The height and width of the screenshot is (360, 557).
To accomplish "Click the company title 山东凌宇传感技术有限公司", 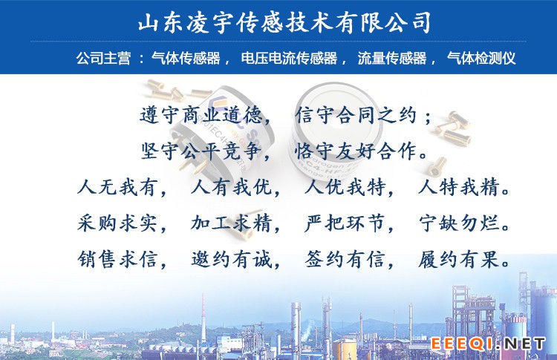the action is (284, 23).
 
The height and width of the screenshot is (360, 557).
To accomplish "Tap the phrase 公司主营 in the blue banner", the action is (103, 58).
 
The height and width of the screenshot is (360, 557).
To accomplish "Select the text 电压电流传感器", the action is (289, 58).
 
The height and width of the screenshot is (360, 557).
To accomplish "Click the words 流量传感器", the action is (392, 58).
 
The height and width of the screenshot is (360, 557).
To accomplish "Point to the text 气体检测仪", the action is (481, 58).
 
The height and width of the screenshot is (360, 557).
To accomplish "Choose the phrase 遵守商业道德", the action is (201, 115).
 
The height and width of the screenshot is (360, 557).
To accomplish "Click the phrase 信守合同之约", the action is (356, 115).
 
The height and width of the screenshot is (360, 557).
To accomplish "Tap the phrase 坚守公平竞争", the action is (201, 151).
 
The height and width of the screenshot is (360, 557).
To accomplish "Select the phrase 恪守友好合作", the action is (356, 151).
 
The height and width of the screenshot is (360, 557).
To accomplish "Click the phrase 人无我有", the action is (117, 187).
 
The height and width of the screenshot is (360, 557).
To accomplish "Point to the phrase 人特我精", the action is (459, 187).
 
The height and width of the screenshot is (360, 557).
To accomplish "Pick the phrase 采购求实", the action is (117, 223).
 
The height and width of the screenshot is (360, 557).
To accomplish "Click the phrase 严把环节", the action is (345, 223).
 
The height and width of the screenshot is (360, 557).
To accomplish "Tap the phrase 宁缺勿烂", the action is (459, 223).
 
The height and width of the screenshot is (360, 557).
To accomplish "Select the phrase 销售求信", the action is (117, 259).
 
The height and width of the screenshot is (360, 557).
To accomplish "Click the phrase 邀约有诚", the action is (231, 259).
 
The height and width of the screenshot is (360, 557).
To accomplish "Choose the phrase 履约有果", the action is (459, 259).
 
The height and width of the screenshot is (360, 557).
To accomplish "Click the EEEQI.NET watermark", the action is (488, 344).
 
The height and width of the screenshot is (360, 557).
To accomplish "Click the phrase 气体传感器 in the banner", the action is (186, 58).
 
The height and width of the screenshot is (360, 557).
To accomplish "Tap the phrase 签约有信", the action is (345, 259).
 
